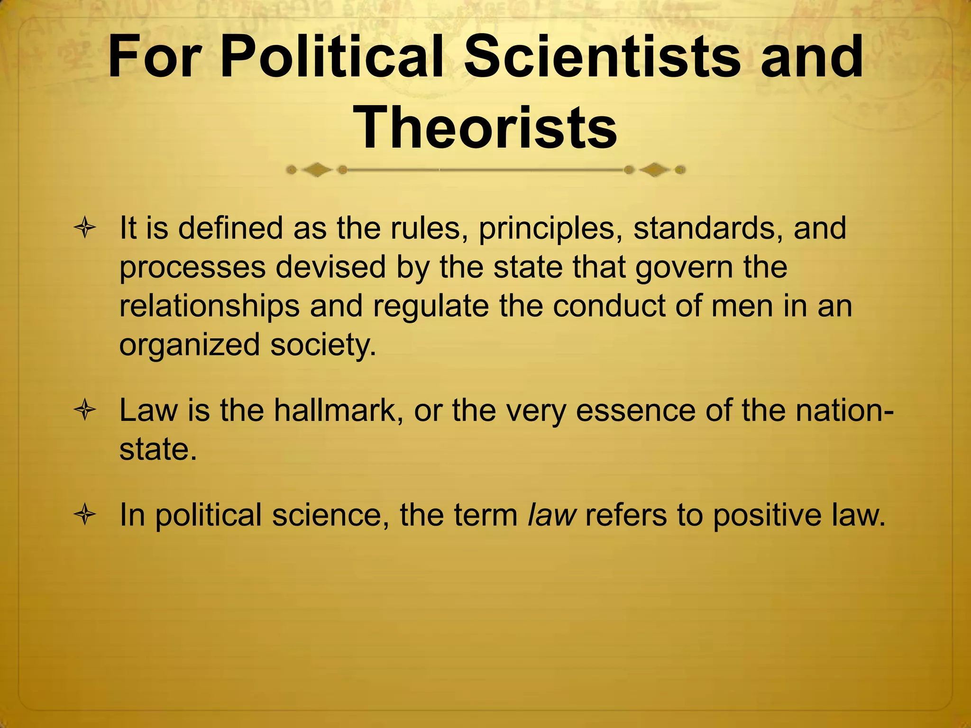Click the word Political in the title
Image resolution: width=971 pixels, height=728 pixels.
(x=332, y=58)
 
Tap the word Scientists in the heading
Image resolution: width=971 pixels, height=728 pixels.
(x=601, y=58)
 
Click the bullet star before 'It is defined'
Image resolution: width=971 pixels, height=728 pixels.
(x=85, y=229)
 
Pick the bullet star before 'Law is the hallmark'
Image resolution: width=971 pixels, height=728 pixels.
(x=85, y=410)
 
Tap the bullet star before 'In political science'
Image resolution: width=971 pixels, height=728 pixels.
(x=85, y=516)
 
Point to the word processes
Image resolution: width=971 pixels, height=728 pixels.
(x=192, y=268)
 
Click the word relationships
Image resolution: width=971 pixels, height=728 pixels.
(x=209, y=306)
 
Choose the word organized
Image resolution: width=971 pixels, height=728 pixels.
(x=189, y=345)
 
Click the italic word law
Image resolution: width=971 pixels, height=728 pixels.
(x=552, y=515)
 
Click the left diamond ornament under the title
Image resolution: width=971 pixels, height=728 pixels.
(x=317, y=170)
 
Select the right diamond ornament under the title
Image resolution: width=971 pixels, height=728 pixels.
(x=655, y=170)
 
